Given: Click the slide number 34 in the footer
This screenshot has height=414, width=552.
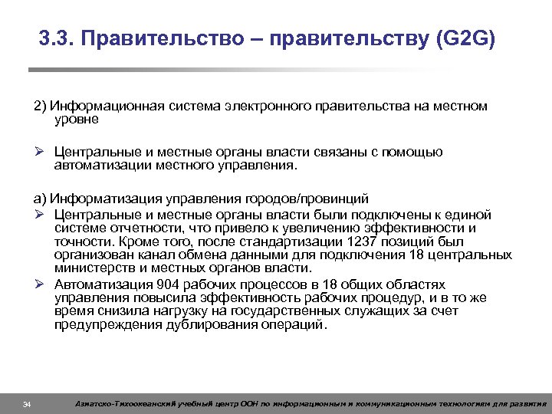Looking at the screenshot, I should pyautogui.click(x=27, y=404).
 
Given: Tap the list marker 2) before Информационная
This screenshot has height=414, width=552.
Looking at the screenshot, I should pyautogui.click(x=39, y=107).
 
